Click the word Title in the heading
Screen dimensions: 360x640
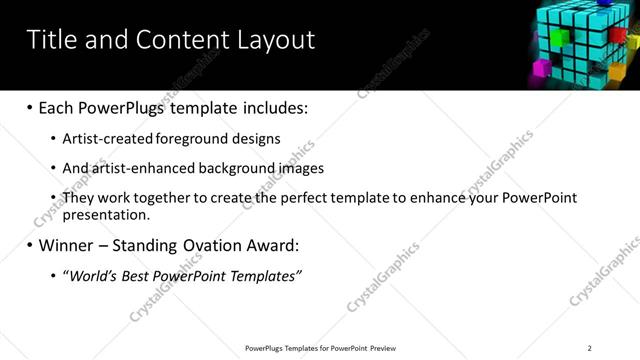point(50,40)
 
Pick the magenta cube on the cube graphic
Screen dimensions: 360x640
point(545,70)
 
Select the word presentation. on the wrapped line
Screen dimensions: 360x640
point(106,214)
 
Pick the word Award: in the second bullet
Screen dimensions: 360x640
point(272,244)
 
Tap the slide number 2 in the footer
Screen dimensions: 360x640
point(589,347)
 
